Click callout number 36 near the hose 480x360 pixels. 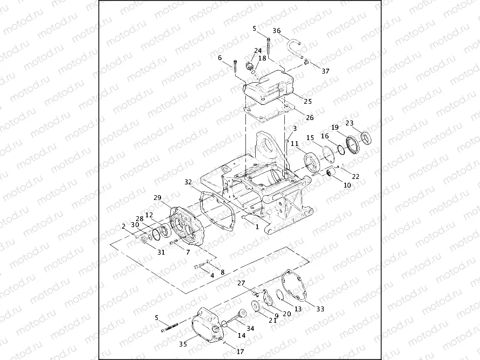276,30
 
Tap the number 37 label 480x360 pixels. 325,71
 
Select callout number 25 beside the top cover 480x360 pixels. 308,101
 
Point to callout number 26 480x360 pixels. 310,117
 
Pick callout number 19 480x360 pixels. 335,128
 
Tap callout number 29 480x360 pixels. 157,197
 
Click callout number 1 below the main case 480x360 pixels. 257,226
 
